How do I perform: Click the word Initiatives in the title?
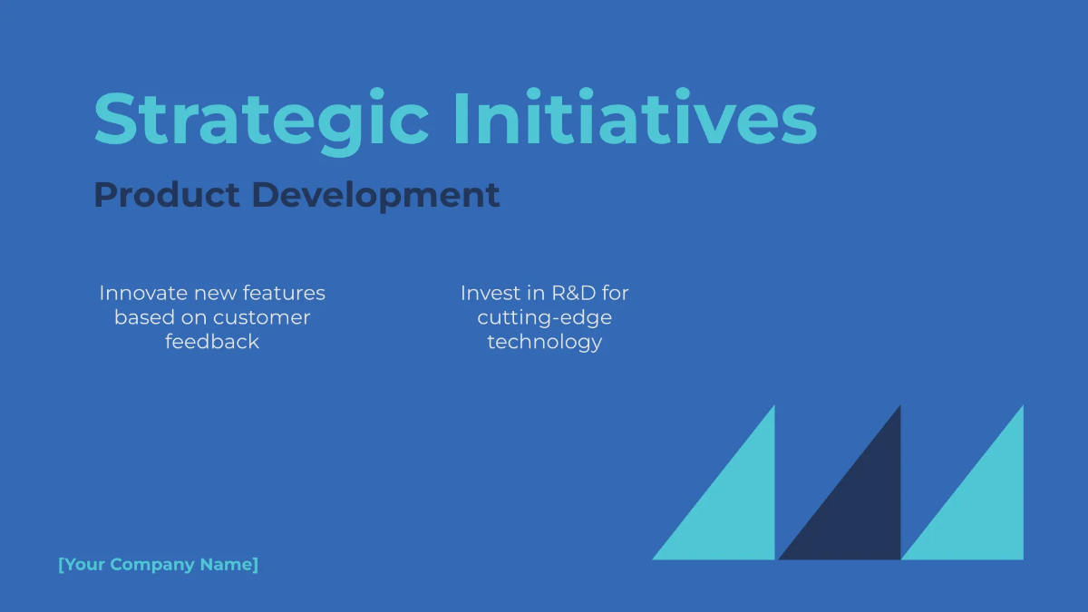pyautogui.click(x=634, y=119)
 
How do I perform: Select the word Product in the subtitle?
pyautogui.click(x=167, y=195)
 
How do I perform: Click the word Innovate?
pyautogui.click(x=143, y=293)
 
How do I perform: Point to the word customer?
pyautogui.click(x=262, y=317)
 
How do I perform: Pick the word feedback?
pyautogui.click(x=212, y=342)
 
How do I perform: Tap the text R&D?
pyautogui.click(x=573, y=293)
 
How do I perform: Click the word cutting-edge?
pyautogui.click(x=544, y=317)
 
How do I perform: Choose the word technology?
pyautogui.click(x=544, y=342)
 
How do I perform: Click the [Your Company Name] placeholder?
pyautogui.click(x=158, y=565)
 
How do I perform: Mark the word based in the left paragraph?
pyautogui.click(x=139, y=317)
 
